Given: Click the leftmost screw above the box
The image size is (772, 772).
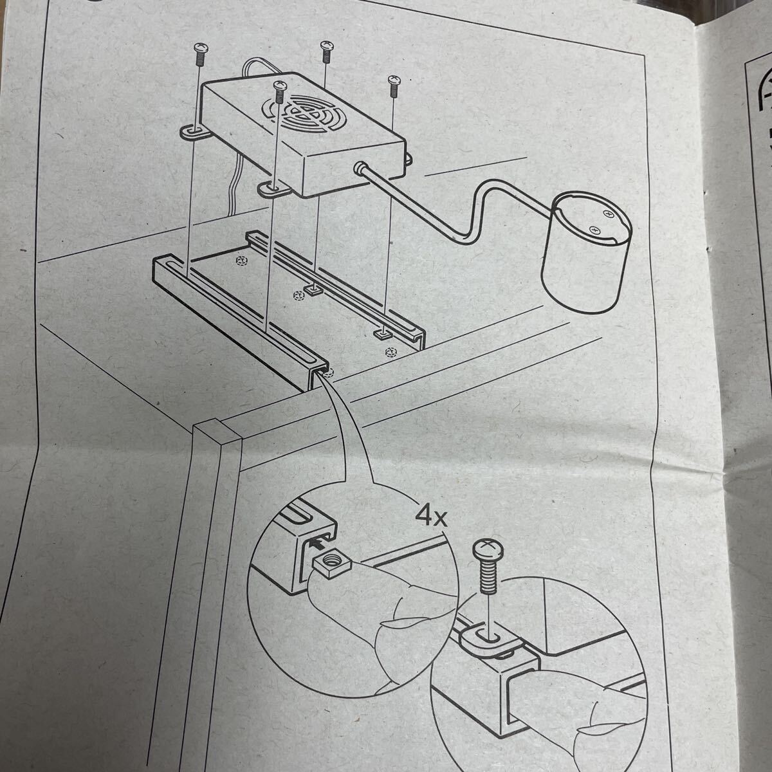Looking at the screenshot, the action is [x=200, y=54].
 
